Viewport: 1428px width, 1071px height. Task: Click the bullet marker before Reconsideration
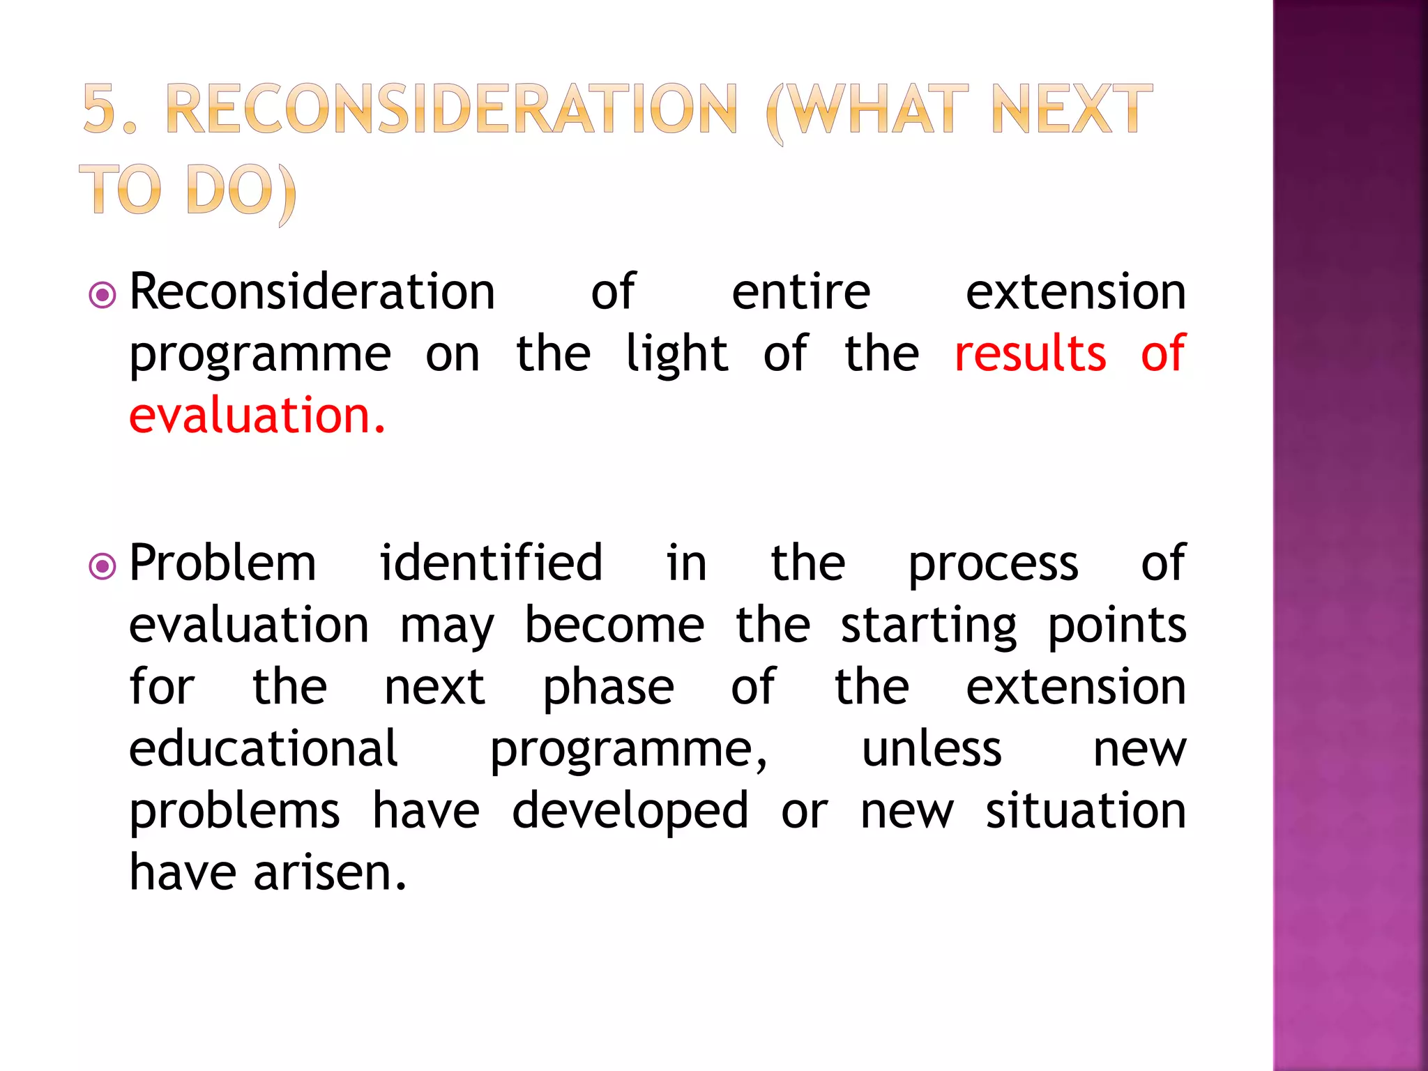102,295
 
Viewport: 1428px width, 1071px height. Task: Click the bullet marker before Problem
102,565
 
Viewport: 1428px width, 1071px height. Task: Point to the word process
993,563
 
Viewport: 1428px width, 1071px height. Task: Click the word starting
928,625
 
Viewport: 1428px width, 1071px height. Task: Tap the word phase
608,688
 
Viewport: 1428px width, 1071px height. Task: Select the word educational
264,749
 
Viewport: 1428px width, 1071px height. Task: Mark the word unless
932,749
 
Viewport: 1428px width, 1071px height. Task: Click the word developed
630,811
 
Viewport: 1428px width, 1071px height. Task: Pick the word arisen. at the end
330,872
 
